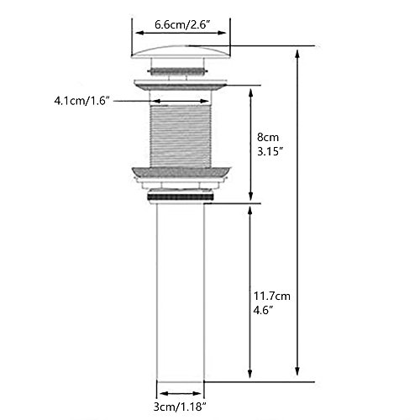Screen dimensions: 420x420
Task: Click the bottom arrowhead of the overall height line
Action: pos(297,377)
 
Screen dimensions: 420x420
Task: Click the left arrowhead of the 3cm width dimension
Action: pos(159,392)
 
